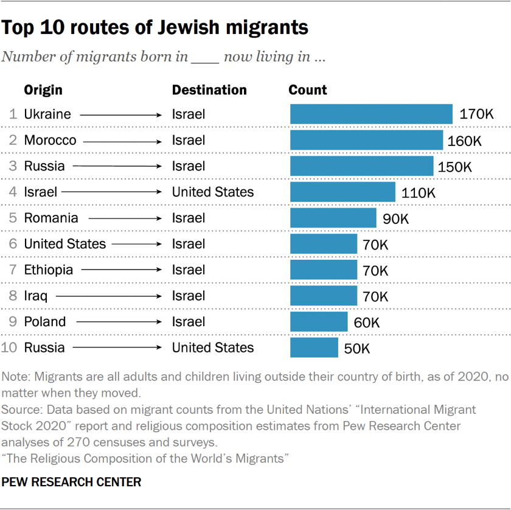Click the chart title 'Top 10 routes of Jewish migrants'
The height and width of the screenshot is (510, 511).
155,28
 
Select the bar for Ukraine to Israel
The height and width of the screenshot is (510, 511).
371,114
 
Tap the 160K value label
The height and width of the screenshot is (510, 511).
464,141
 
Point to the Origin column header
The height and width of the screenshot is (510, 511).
43,90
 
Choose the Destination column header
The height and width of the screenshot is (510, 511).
209,90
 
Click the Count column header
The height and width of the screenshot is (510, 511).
307,90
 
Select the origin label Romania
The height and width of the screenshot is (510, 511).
51,218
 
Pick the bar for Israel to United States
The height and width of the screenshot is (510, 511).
342,192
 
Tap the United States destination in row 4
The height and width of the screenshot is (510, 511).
212,192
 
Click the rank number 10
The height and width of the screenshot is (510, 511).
9,348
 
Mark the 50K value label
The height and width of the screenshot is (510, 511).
356,349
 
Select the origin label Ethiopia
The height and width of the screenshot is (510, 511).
48,270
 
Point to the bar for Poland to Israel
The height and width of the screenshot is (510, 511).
318,322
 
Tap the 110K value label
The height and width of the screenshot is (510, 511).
419,194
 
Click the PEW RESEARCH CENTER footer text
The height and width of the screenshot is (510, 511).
71,483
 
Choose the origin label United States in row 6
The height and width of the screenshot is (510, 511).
64,244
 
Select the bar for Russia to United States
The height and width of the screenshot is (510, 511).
314,348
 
